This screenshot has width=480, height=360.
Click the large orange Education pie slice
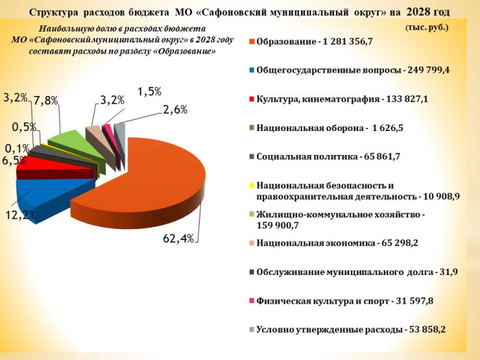[x=151, y=185]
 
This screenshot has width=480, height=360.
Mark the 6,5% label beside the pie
[x=14, y=161]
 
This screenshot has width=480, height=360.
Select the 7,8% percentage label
[x=46, y=101]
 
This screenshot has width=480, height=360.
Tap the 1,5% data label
[x=149, y=91]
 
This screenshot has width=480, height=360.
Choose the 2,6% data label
[x=175, y=109]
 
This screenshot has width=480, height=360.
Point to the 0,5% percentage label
[x=24, y=127]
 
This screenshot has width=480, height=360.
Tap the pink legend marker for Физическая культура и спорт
[x=252, y=301]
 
